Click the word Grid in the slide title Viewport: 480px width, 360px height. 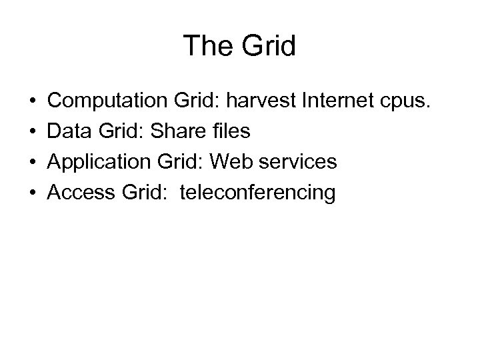(265, 45)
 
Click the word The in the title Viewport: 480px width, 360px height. (205, 45)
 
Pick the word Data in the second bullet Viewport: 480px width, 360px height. (69, 132)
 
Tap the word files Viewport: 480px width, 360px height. (229, 132)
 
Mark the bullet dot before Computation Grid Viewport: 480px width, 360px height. (33, 102)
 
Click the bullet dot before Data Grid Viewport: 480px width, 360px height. (33, 133)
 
